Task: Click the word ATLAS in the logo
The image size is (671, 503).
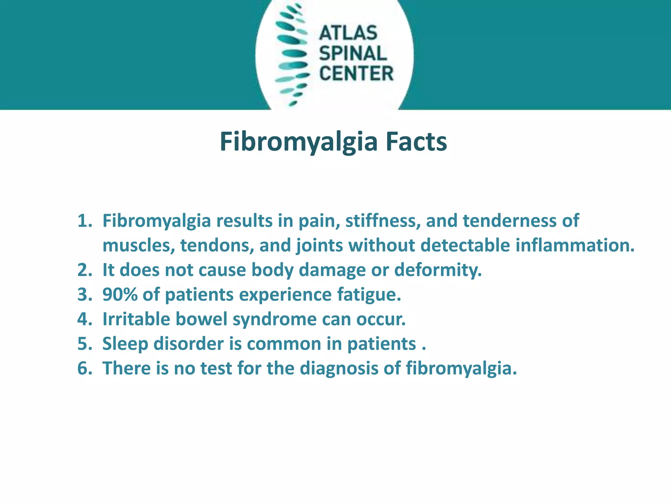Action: pos(348,33)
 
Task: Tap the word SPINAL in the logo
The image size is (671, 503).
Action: pos(353,53)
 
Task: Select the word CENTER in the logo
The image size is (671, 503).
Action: pos(356,73)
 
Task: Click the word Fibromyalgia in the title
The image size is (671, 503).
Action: pos(298,142)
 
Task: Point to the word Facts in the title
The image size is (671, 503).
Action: pos(416,142)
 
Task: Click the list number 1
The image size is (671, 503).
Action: pos(85,221)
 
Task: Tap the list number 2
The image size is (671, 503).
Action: pos(85,270)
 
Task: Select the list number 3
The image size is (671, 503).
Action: pos(85,294)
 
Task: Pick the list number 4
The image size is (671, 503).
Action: pos(85,319)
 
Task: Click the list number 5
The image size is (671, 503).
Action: pos(85,344)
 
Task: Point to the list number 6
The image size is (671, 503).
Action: pos(85,368)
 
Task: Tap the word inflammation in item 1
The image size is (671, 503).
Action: pos(575,245)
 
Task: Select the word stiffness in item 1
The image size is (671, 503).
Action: pos(383,221)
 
